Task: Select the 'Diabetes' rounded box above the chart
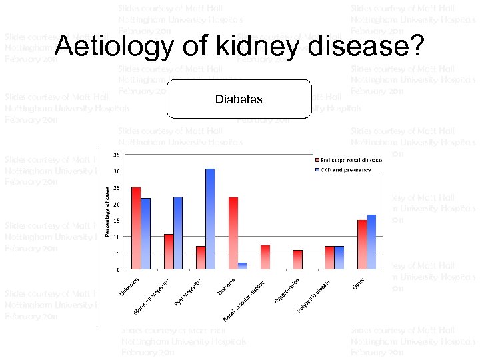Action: tap(239, 99)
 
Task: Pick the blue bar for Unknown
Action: tap(146, 233)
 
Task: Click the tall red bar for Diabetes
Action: tap(233, 233)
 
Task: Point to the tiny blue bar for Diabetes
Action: tap(243, 266)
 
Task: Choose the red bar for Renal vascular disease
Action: tap(265, 257)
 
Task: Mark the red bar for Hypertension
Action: tap(297, 259)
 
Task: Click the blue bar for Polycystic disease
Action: tap(339, 257)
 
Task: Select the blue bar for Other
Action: tap(371, 242)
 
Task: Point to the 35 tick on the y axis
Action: tap(117, 155)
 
